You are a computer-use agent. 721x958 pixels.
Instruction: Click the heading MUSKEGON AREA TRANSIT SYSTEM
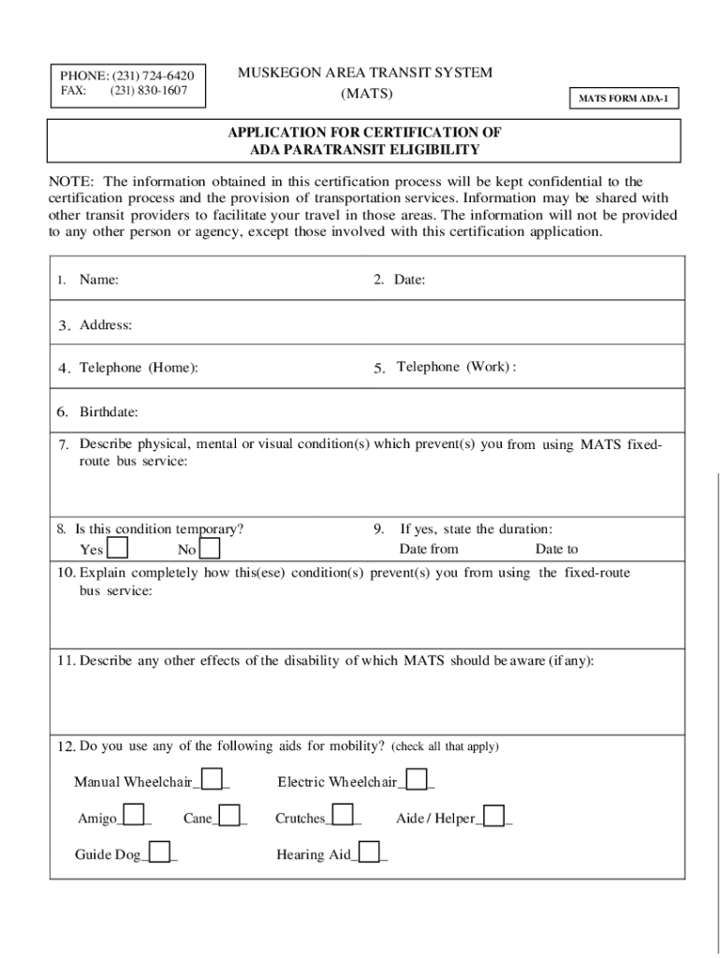[365, 73]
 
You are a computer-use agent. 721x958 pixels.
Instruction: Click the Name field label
[98, 279]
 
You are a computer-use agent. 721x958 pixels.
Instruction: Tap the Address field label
[105, 326]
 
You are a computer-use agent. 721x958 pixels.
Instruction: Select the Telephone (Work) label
[456, 367]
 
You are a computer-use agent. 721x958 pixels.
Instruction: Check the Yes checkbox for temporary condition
[118, 548]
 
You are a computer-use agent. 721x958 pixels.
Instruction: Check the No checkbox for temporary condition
[211, 548]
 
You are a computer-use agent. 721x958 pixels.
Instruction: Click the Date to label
[556, 549]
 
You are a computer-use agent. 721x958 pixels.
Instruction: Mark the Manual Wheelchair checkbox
[213, 779]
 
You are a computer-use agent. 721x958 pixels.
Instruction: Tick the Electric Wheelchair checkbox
[418, 779]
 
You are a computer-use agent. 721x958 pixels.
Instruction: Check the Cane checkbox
[229, 817]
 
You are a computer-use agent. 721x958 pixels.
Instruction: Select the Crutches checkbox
[344, 817]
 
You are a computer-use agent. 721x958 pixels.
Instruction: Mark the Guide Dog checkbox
[161, 852]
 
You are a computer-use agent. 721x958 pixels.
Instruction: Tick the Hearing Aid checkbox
[370, 852]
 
